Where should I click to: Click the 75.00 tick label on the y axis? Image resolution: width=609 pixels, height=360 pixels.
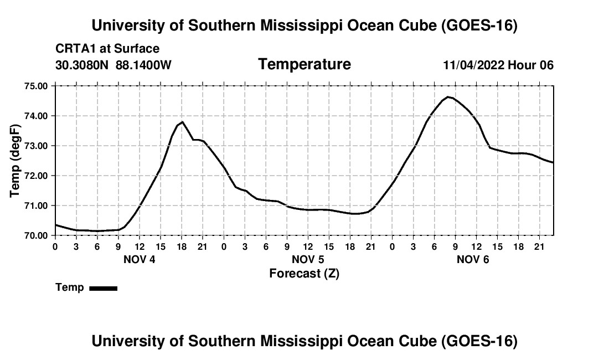coord(35,86)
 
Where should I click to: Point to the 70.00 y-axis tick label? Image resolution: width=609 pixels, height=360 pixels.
coord(35,235)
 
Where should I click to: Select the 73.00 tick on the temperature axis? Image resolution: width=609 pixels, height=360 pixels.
coord(35,146)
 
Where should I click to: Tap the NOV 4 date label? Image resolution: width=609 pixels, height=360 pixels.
coord(140,259)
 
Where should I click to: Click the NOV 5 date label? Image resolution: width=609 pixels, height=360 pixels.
coord(308,259)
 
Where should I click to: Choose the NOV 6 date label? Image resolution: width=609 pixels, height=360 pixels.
coord(473,259)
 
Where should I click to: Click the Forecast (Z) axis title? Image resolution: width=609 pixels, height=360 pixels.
coord(304,274)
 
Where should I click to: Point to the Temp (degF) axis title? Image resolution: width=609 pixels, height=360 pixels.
coord(15,161)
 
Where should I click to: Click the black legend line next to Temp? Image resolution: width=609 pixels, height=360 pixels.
coord(104,288)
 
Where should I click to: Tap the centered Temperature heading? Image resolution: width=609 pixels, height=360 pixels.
coord(304,64)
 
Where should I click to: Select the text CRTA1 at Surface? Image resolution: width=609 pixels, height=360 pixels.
coord(107,49)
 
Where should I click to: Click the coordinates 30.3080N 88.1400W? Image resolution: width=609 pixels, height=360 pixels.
coord(113,65)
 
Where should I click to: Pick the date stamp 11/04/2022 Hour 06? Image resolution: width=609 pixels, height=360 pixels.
coord(498,65)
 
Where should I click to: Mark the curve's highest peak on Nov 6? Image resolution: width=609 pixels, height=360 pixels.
coord(448,97)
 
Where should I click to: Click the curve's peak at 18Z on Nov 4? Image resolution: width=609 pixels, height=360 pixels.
coord(182,122)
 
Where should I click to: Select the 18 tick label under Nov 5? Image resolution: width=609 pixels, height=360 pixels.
coord(350,246)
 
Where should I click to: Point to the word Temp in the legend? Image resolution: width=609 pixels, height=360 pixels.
coord(70,287)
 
